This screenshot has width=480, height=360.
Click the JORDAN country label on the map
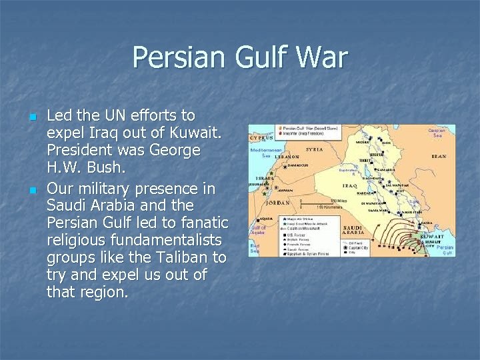[277, 202]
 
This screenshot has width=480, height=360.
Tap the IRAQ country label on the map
[351, 185]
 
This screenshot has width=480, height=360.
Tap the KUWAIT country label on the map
[433, 235]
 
